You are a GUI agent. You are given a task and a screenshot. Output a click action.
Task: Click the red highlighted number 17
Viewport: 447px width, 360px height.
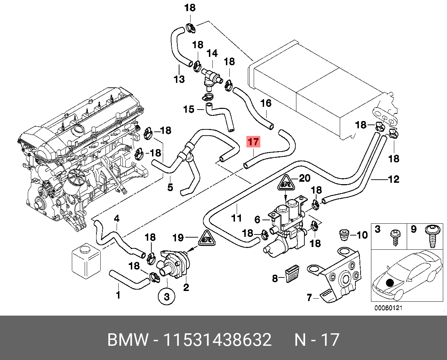point(253,142)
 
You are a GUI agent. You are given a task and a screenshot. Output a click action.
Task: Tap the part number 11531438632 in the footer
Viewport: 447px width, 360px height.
point(218,340)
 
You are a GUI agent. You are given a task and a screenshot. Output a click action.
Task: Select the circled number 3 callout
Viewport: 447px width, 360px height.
point(167,297)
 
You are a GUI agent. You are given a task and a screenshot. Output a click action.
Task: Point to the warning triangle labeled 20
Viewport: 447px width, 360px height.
point(286,183)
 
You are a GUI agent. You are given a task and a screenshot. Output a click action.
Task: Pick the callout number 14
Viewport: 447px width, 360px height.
point(212,53)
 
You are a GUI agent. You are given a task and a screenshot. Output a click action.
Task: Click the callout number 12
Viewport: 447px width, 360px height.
point(393,179)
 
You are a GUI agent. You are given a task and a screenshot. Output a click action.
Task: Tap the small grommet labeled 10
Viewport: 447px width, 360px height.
point(344,235)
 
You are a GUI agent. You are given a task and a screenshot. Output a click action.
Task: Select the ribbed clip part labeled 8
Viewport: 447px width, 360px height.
point(293,274)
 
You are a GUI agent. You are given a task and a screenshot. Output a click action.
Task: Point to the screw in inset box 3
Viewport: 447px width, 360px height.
point(396,238)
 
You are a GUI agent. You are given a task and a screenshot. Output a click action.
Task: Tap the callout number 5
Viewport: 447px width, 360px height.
point(170,187)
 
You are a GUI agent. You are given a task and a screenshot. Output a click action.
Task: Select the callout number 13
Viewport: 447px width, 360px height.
point(179,79)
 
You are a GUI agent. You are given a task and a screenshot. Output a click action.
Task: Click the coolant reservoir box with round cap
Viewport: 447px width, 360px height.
point(86,261)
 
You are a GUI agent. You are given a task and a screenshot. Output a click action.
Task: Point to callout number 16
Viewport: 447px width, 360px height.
point(266,103)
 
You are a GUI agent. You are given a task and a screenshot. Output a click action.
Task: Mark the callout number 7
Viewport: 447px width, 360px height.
point(309,298)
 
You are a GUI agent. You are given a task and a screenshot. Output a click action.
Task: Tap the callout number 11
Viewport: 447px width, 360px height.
point(236,218)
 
